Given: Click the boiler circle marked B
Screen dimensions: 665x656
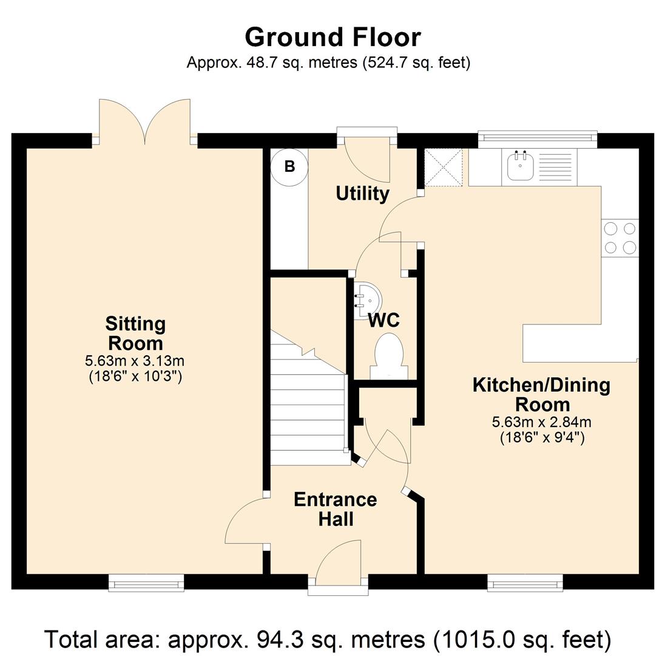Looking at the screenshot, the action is click(289, 167).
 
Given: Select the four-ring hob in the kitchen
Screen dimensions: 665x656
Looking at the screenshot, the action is click(619, 237).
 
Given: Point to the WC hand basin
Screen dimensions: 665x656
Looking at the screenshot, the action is click(366, 301).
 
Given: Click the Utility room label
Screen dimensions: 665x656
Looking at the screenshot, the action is click(362, 194).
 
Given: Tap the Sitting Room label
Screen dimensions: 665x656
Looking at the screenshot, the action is click(135, 333).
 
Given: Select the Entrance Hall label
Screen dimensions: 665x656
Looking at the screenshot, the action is click(336, 509).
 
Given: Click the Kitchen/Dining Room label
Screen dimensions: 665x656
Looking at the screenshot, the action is click(542, 395).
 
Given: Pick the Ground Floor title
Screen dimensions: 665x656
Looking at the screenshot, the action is click(333, 37).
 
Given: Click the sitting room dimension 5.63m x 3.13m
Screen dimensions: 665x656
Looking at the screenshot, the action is click(135, 361).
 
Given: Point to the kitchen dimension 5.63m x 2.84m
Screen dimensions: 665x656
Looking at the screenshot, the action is click(542, 422).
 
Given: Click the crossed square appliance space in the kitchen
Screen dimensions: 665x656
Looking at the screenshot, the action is click(444, 167).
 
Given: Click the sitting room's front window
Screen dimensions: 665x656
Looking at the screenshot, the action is click(146, 583).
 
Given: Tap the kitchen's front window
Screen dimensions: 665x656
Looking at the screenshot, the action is click(525, 583).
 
